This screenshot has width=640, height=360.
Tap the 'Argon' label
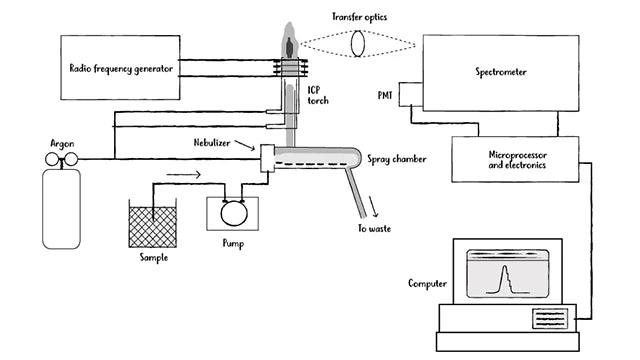pyautogui.click(x=63, y=144)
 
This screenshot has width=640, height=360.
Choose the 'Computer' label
pyautogui.click(x=428, y=283)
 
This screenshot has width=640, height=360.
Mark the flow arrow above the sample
pyautogui.click(x=183, y=172)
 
